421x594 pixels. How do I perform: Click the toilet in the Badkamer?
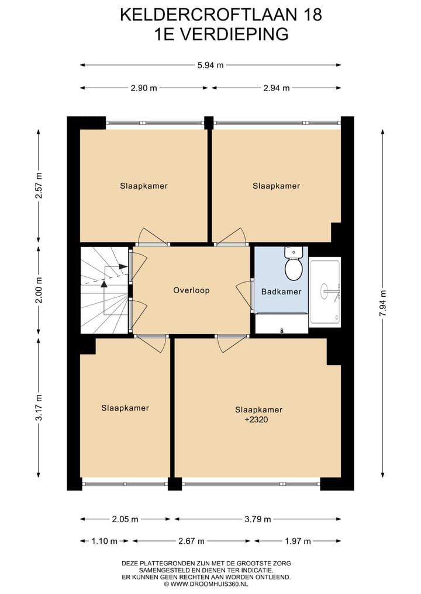(x=294, y=266)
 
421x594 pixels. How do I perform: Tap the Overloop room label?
(x=191, y=290)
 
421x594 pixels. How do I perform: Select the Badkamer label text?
(x=281, y=291)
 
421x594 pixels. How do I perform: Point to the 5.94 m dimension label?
(x=211, y=65)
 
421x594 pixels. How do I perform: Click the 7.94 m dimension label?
(x=383, y=303)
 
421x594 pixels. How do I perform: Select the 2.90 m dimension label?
(x=144, y=88)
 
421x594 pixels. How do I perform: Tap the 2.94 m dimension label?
(x=277, y=88)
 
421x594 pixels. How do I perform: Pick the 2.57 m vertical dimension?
(x=39, y=186)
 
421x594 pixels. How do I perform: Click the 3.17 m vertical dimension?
(x=39, y=408)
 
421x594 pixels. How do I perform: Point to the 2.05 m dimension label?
(x=126, y=519)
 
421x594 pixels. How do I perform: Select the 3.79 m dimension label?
(x=258, y=519)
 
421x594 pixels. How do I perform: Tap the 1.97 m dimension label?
(x=298, y=541)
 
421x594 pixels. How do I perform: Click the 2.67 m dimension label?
(x=193, y=541)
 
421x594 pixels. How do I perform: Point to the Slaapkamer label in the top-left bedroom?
(x=144, y=186)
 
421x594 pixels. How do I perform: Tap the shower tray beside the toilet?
(x=325, y=291)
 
